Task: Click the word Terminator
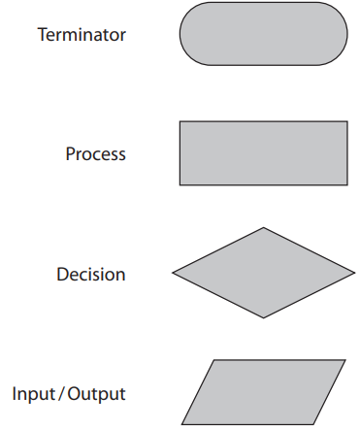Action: click(82, 35)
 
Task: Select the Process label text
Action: click(95, 154)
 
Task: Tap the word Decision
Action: click(90, 274)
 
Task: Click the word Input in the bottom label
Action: click(32, 394)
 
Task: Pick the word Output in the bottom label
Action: click(96, 394)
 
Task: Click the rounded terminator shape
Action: click(263, 34)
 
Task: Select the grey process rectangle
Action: click(263, 152)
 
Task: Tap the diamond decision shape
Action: click(263, 273)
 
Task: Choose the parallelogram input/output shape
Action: click(263, 392)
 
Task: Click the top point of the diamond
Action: click(263, 229)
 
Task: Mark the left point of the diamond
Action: click(174, 273)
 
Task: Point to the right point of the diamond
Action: click(353, 273)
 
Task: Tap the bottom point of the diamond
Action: click(263, 317)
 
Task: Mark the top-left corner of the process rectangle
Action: click(180, 122)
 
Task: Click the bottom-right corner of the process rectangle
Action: click(346, 183)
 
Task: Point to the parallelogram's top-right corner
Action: click(344, 361)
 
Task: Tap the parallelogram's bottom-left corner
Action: click(182, 423)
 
